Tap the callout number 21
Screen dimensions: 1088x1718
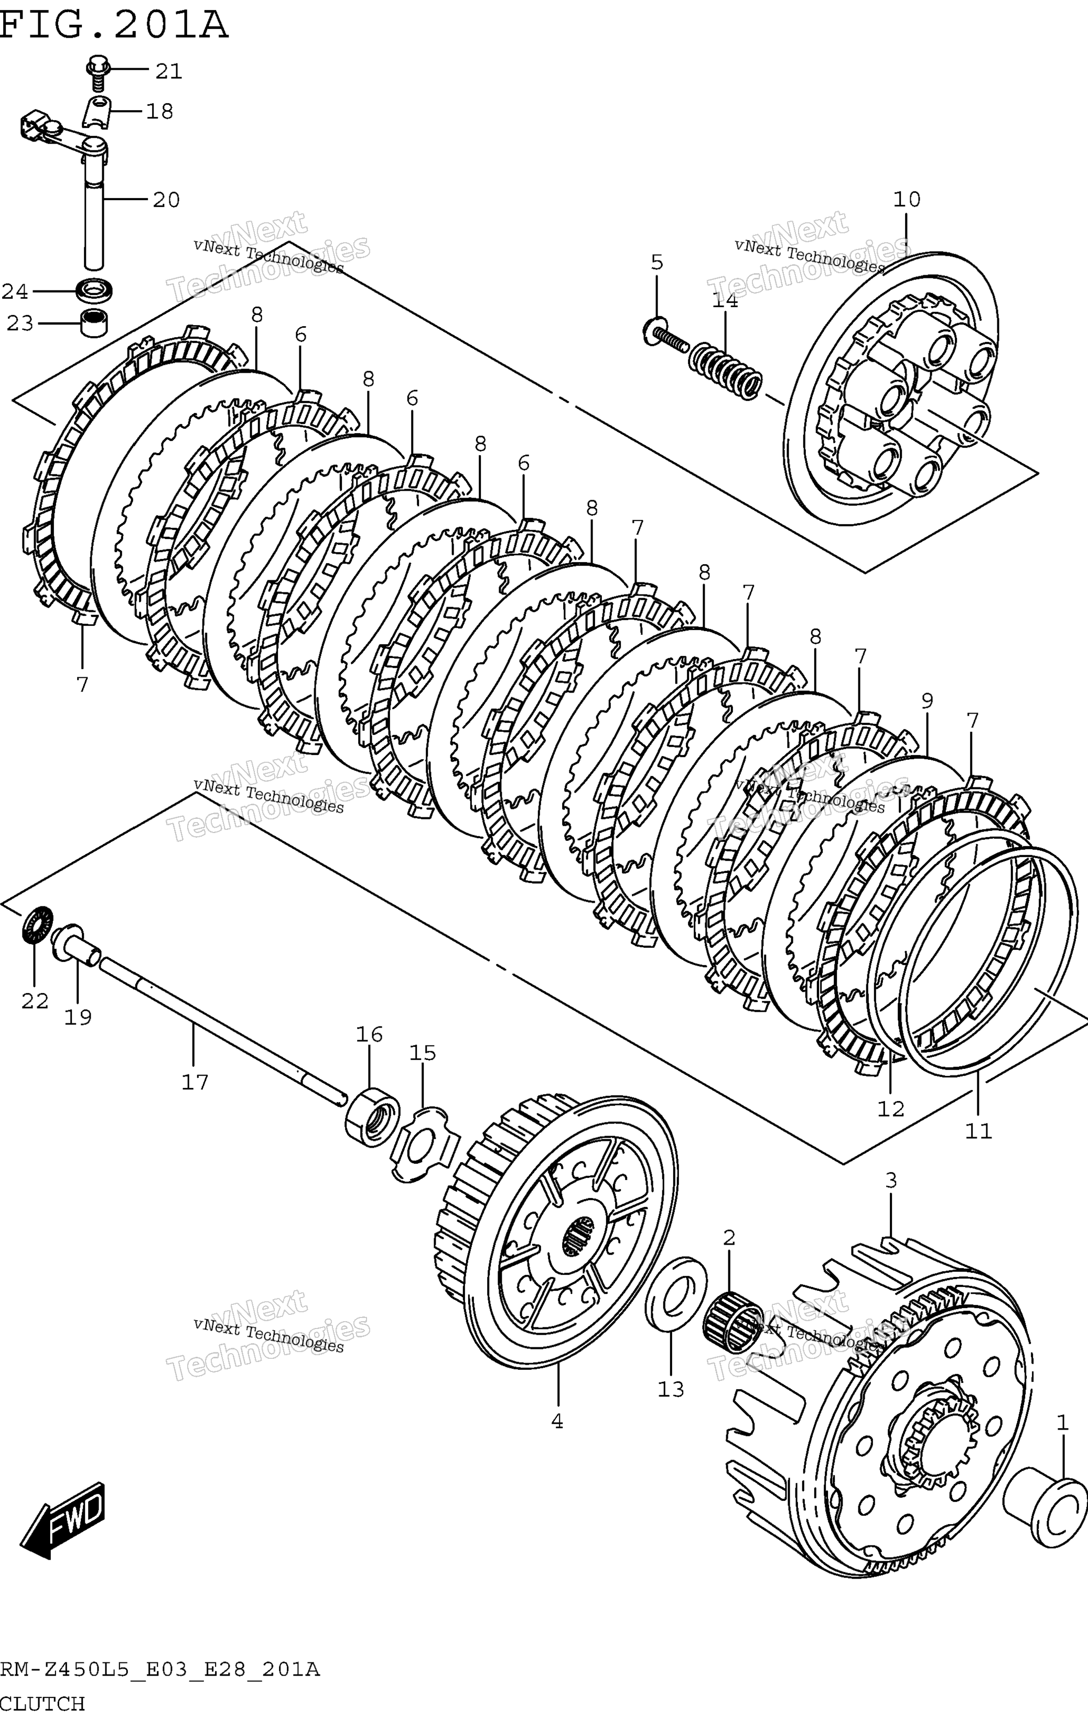pos(169,71)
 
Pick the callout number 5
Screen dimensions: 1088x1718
pos(657,263)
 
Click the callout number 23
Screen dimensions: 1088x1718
pos(20,324)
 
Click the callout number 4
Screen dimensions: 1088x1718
pos(557,1421)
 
